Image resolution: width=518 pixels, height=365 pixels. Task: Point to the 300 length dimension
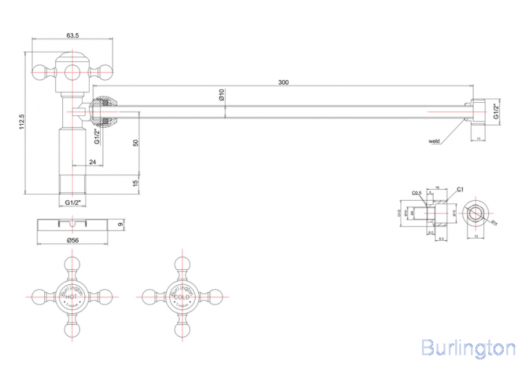click(x=283, y=83)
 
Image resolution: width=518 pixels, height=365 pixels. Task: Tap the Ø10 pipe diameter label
click(x=222, y=95)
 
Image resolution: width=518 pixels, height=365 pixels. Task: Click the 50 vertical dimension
click(x=136, y=142)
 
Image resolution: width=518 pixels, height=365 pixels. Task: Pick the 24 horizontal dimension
click(x=93, y=163)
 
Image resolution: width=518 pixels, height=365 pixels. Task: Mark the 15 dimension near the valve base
click(x=136, y=182)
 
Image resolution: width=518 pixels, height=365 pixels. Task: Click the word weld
click(x=434, y=141)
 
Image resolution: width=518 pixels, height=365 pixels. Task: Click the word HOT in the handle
click(x=71, y=297)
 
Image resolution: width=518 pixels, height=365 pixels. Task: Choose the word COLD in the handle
click(x=172, y=297)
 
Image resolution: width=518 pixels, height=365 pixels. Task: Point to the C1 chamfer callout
click(x=460, y=188)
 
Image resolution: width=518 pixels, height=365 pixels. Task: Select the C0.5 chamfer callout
click(x=416, y=193)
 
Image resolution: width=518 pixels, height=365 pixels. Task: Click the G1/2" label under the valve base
click(x=74, y=202)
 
